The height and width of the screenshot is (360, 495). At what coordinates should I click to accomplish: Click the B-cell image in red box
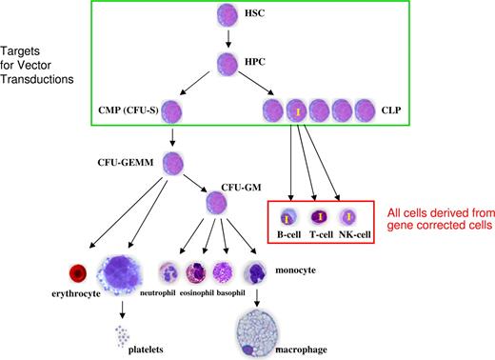pyautogui.click(x=287, y=215)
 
